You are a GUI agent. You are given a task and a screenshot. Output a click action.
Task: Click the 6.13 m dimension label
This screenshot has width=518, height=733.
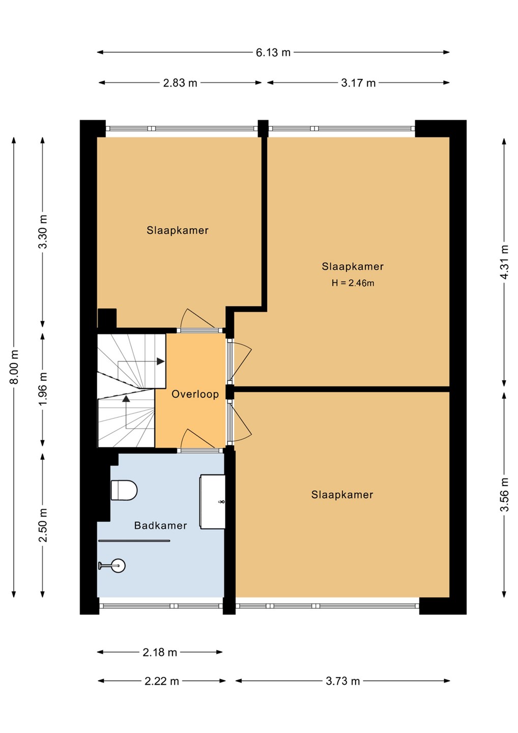coord(273,52)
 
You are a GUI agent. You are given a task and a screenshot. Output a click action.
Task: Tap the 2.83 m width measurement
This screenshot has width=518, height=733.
coord(180,83)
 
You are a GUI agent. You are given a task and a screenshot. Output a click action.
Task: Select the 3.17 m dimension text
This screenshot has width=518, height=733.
coord(358,83)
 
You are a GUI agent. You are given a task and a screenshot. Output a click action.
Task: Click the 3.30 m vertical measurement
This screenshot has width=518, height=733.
coord(43,232)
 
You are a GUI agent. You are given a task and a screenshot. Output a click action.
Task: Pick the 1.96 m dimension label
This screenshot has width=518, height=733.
coord(43,389)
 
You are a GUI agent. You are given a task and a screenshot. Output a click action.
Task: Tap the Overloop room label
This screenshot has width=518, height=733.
coord(195,394)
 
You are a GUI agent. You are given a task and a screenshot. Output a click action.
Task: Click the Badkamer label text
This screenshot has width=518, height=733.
coord(161,525)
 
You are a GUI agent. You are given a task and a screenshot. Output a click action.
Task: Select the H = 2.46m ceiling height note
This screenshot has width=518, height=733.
coord(353,283)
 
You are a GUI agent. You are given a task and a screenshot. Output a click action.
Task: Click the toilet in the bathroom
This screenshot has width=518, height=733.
coord(124,490)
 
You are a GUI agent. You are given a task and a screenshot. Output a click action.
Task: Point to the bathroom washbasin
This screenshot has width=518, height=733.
coord(213,502)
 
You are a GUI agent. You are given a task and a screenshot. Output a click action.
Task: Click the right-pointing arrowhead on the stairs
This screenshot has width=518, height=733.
coord(161,361)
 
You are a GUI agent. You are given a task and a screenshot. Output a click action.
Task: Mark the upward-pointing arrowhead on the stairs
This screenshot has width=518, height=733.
coord(126,399)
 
